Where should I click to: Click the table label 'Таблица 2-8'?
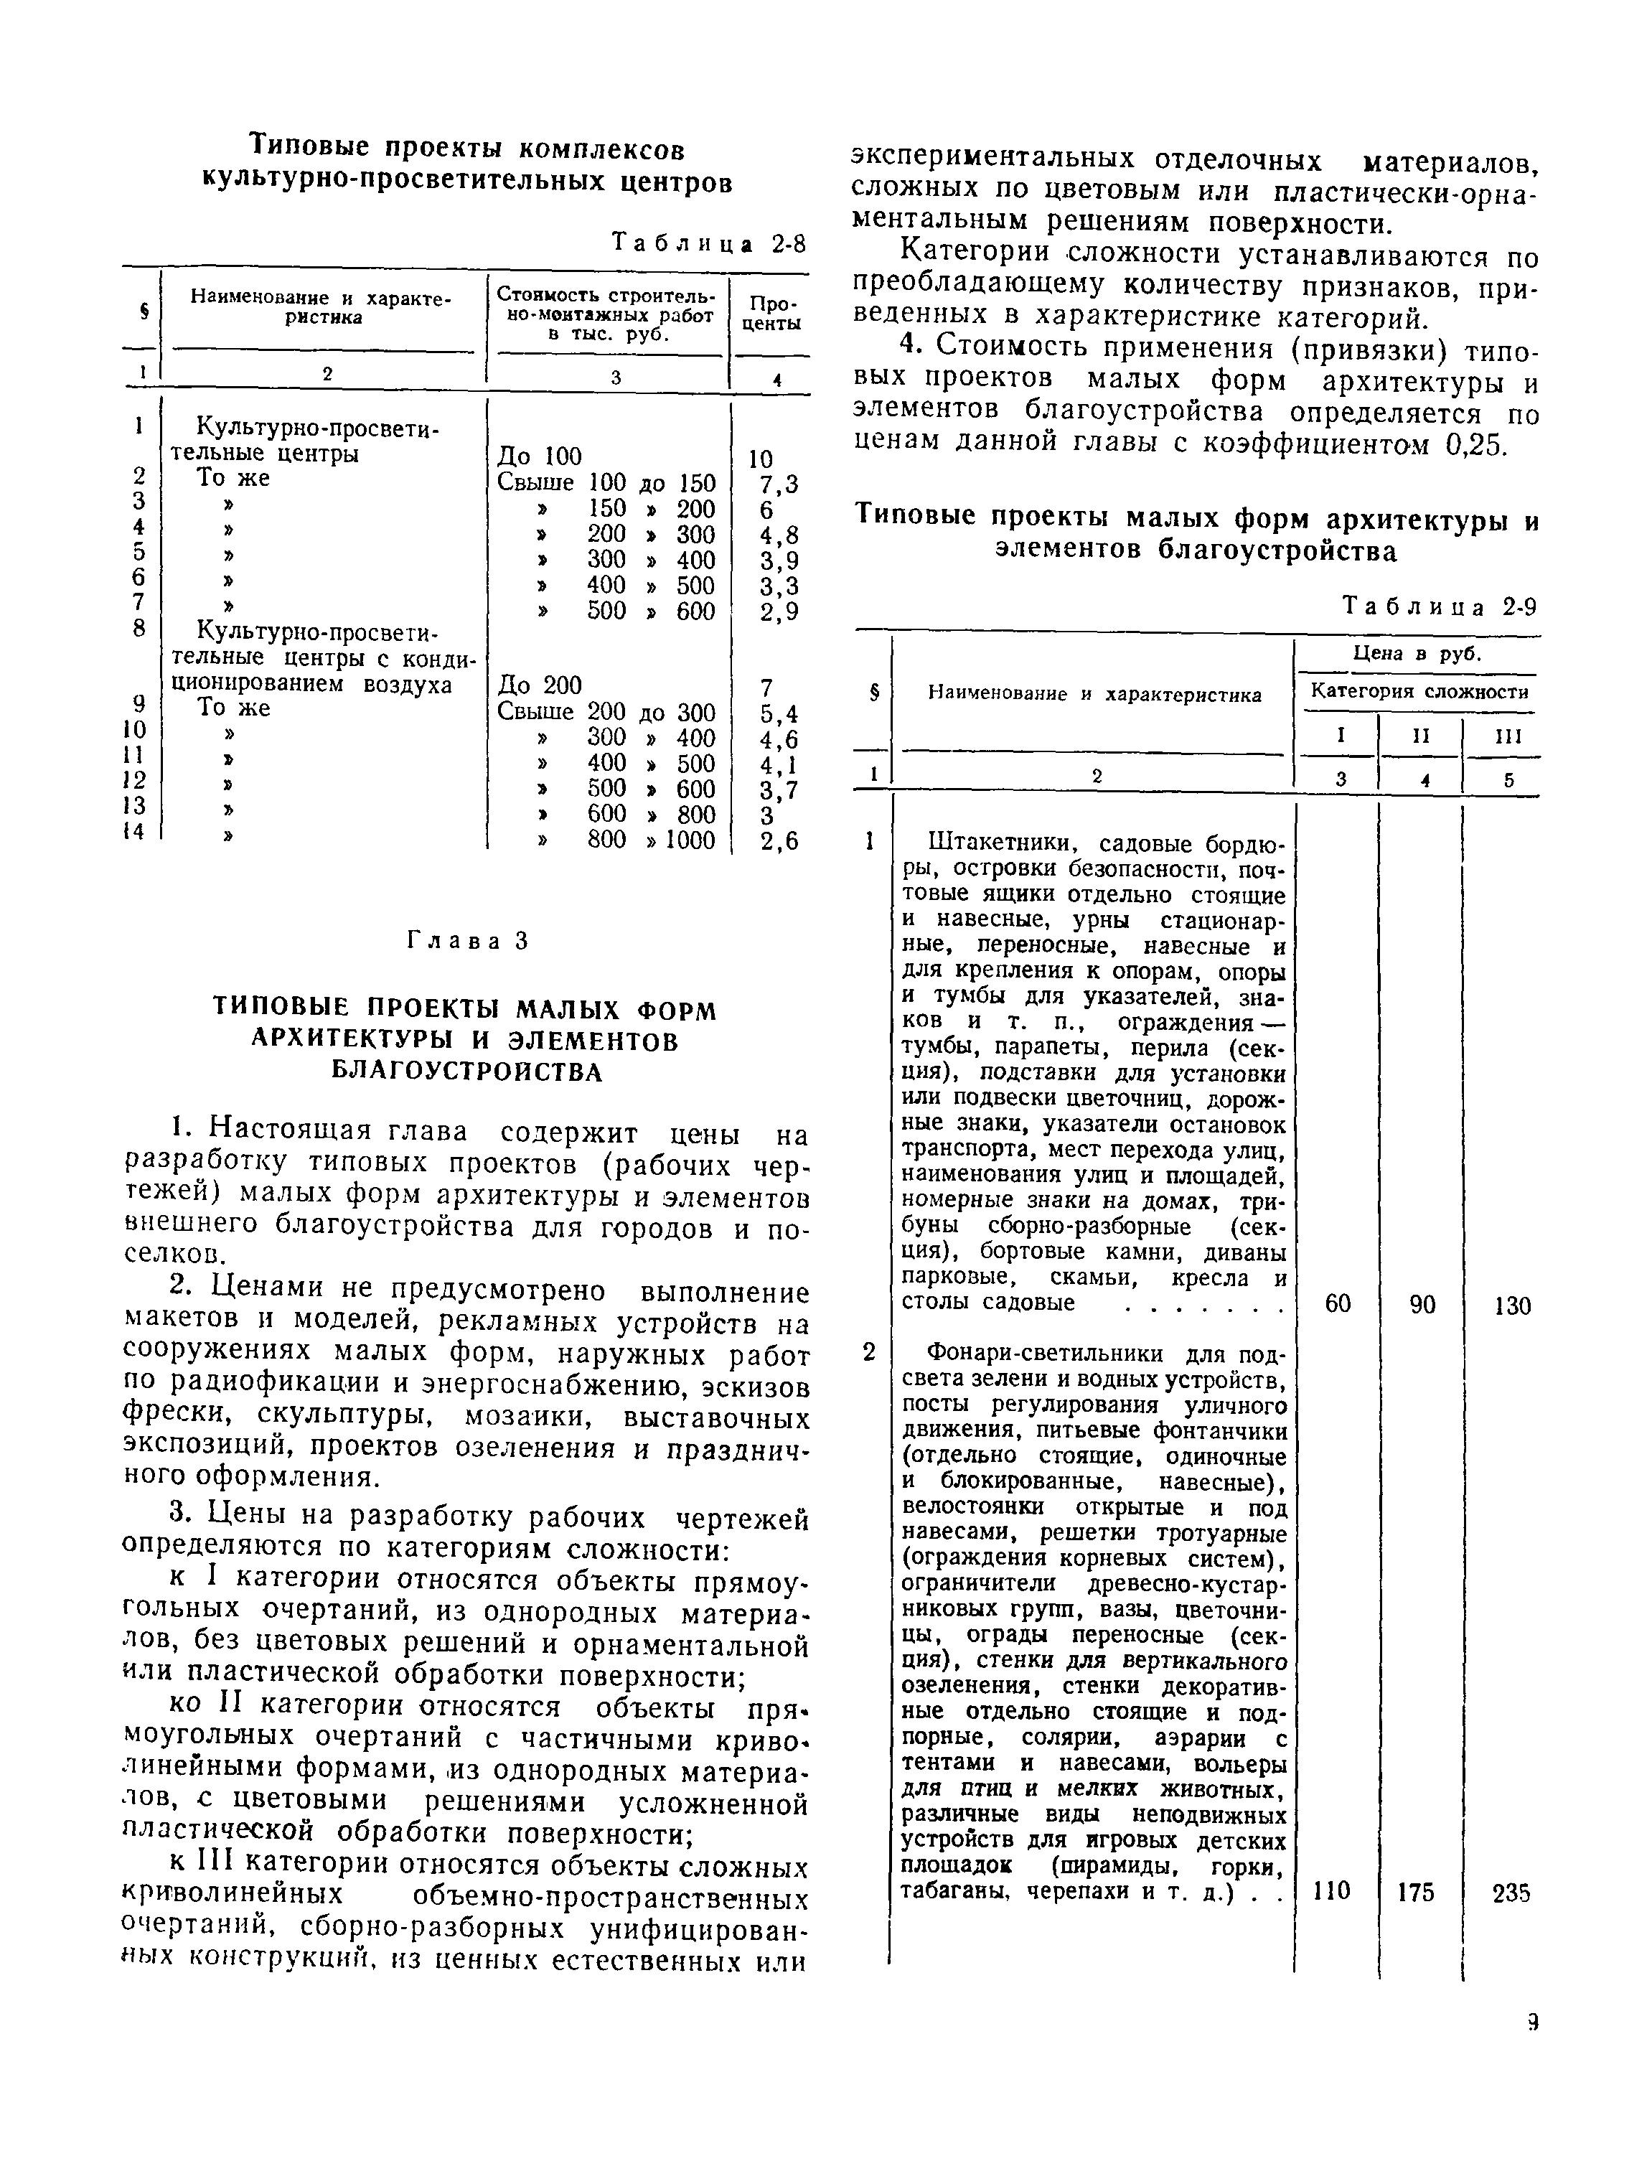[x=708, y=242]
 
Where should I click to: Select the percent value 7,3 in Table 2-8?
[x=779, y=484]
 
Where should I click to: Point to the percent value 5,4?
[x=779, y=712]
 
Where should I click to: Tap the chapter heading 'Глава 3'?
[x=467, y=941]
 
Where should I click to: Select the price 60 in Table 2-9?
[x=1338, y=1303]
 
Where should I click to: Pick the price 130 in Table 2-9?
[x=1511, y=1305]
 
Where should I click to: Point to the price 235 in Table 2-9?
[x=1511, y=1893]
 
